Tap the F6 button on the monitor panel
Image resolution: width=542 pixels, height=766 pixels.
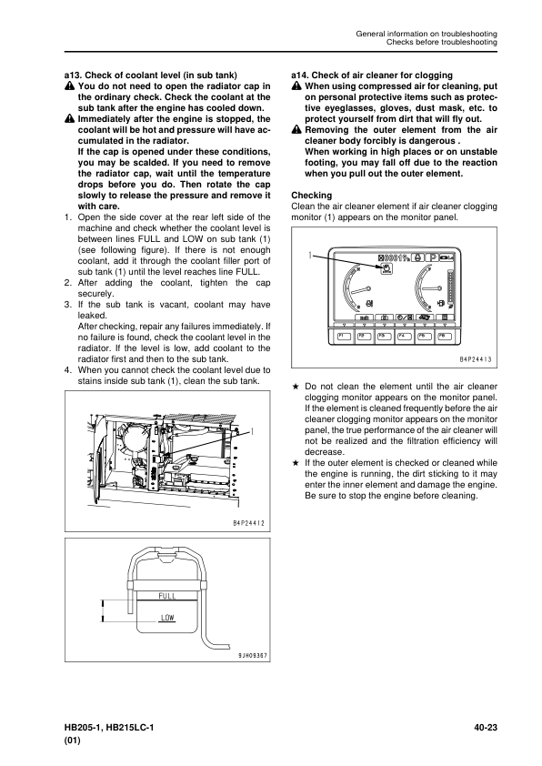click(444, 336)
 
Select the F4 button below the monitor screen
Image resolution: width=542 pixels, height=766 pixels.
click(404, 336)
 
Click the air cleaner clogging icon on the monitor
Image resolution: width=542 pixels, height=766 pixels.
click(386, 268)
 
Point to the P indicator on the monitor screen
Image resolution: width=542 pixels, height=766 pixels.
click(433, 257)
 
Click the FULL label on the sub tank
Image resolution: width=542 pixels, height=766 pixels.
click(167, 596)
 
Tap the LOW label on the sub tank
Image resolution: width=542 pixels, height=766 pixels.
click(167, 618)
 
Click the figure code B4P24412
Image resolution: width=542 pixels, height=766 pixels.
click(248, 523)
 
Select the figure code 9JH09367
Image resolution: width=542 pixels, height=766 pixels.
click(252, 656)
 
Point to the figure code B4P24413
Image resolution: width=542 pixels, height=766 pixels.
click(476, 359)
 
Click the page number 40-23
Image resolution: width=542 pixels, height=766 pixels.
click(486, 728)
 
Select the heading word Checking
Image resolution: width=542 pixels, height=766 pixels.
click(312, 196)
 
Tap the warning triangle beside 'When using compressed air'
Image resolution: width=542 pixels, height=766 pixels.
click(296, 86)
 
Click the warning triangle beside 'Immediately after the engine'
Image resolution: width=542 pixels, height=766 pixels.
click(69, 118)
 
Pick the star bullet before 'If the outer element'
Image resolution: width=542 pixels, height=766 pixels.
click(295, 463)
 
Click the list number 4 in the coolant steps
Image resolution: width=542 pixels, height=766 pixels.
click(68, 370)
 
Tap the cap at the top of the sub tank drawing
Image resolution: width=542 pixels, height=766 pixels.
click(167, 557)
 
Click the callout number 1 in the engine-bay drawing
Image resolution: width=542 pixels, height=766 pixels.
click(253, 431)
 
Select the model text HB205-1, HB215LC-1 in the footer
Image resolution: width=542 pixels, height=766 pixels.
click(109, 728)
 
